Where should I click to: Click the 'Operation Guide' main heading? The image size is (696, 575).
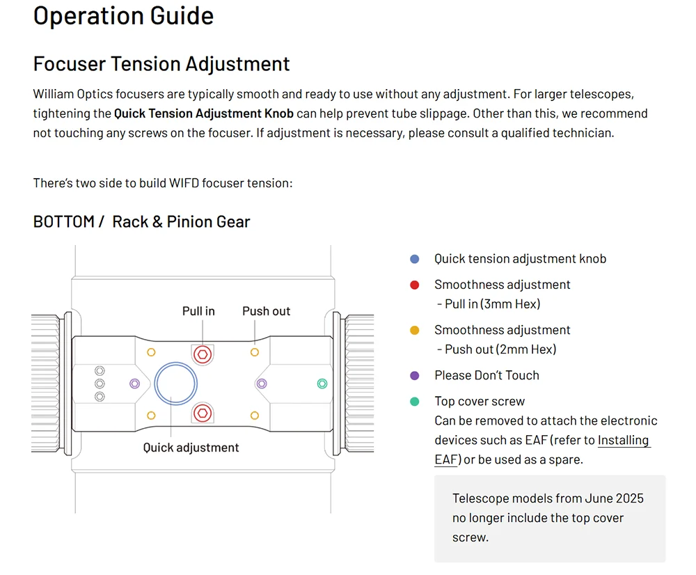click(x=123, y=17)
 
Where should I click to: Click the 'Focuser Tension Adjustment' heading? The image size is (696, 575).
click(x=161, y=64)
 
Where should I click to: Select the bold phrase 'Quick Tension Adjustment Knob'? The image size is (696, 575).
click(x=204, y=113)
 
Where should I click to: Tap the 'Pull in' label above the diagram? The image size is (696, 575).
click(x=198, y=311)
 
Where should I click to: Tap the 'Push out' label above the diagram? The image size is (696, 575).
click(x=267, y=311)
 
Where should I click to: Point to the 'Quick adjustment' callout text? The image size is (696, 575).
click(x=191, y=448)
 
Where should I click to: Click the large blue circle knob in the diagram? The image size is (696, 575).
click(x=176, y=363)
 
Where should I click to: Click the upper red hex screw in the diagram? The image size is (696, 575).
click(x=203, y=355)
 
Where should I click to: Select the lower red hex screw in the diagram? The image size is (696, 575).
click(x=203, y=413)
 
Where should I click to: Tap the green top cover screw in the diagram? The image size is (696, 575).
click(x=322, y=384)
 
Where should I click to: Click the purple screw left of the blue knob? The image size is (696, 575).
click(x=134, y=384)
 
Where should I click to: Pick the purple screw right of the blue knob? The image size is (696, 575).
click(x=262, y=384)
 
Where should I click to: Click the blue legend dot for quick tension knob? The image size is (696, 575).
click(x=415, y=259)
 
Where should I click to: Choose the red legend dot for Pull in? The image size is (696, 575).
click(x=415, y=285)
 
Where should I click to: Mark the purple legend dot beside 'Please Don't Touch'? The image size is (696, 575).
click(x=415, y=376)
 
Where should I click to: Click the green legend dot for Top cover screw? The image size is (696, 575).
click(x=415, y=402)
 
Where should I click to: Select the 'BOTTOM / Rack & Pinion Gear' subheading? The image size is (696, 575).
click(x=141, y=221)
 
